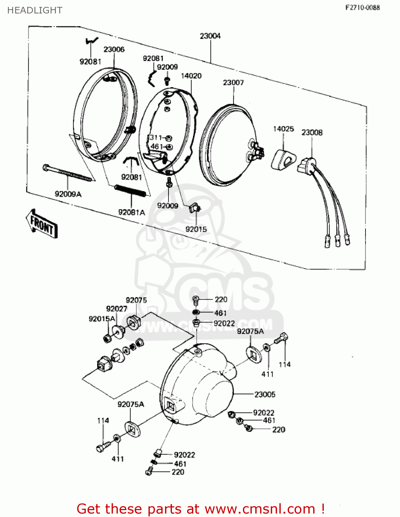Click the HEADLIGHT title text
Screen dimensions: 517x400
click(35, 10)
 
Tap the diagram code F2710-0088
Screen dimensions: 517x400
click(362, 8)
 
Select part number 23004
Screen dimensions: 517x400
click(210, 36)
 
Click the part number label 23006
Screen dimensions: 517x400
click(114, 49)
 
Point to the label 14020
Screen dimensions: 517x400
click(191, 76)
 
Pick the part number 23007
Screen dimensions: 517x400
click(233, 83)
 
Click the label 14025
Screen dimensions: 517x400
click(284, 129)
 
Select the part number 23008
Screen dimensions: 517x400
click(312, 133)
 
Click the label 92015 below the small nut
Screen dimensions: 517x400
click(196, 229)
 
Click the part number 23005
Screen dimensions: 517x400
click(265, 394)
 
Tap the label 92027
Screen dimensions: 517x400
click(116, 309)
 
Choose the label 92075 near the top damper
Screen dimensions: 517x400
click(136, 300)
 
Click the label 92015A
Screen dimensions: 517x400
click(102, 319)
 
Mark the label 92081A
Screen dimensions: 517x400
click(132, 212)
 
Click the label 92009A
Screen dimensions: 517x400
click(68, 194)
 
